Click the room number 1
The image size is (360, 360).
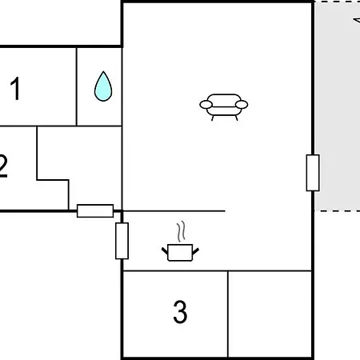15,89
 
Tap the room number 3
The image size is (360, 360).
180,311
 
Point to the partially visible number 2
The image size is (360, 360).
3,166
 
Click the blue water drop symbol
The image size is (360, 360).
103,86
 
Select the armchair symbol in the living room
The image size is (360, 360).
224,107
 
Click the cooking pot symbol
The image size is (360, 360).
180,252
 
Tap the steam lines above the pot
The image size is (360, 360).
181,231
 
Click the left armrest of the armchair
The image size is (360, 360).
206,105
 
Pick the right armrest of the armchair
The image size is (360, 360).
242,105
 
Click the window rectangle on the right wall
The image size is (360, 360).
313,173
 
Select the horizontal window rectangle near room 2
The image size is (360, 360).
95,211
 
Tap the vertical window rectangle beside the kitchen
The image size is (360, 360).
122,241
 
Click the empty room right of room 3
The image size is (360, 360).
270,314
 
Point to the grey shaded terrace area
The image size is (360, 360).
338,106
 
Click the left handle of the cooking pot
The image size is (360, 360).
165,251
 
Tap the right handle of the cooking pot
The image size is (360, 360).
195,251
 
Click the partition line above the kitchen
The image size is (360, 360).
174,211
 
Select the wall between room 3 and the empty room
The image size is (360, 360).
228,314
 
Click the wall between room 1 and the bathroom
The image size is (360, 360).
77,86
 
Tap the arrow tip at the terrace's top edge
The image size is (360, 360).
354,20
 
